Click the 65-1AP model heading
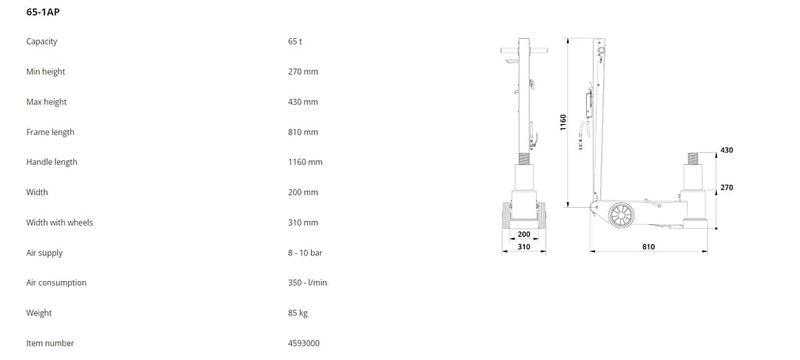[x=43, y=12]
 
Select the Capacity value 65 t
[x=295, y=41]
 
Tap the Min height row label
[x=46, y=72]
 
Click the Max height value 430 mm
[x=303, y=102]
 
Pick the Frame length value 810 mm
[x=303, y=132]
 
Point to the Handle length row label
[x=52, y=162]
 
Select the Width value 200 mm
[x=303, y=192]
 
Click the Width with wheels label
[x=59, y=223]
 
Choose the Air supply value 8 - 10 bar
[x=305, y=252]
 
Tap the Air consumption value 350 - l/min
[x=308, y=283]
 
